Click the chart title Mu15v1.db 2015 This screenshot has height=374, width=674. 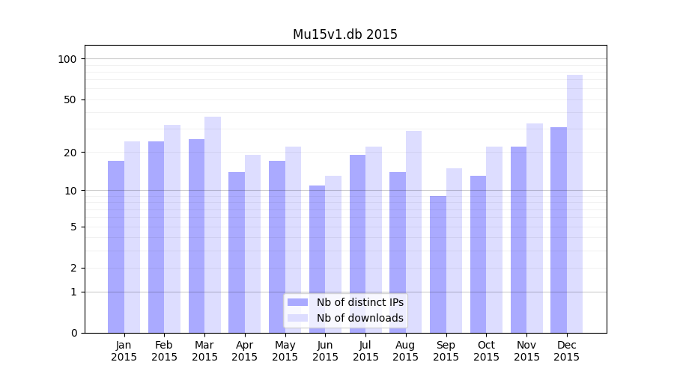[x=344, y=34]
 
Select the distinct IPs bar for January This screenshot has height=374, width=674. [x=116, y=247]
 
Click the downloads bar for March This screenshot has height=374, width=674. [x=213, y=224]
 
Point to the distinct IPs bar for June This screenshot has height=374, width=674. [x=318, y=259]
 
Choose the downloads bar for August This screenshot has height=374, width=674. [x=413, y=232]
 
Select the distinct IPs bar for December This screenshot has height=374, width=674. [x=559, y=230]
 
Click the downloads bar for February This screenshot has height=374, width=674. [x=172, y=229]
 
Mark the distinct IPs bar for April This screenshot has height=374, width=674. [x=237, y=252]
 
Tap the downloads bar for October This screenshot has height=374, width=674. [x=494, y=239]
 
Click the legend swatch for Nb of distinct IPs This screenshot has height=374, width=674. [x=298, y=302]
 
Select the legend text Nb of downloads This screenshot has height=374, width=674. [x=360, y=318]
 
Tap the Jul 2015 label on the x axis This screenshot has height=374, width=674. [x=365, y=351]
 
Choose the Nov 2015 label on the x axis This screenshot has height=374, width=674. [x=526, y=351]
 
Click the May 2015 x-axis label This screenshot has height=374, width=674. [x=285, y=351]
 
